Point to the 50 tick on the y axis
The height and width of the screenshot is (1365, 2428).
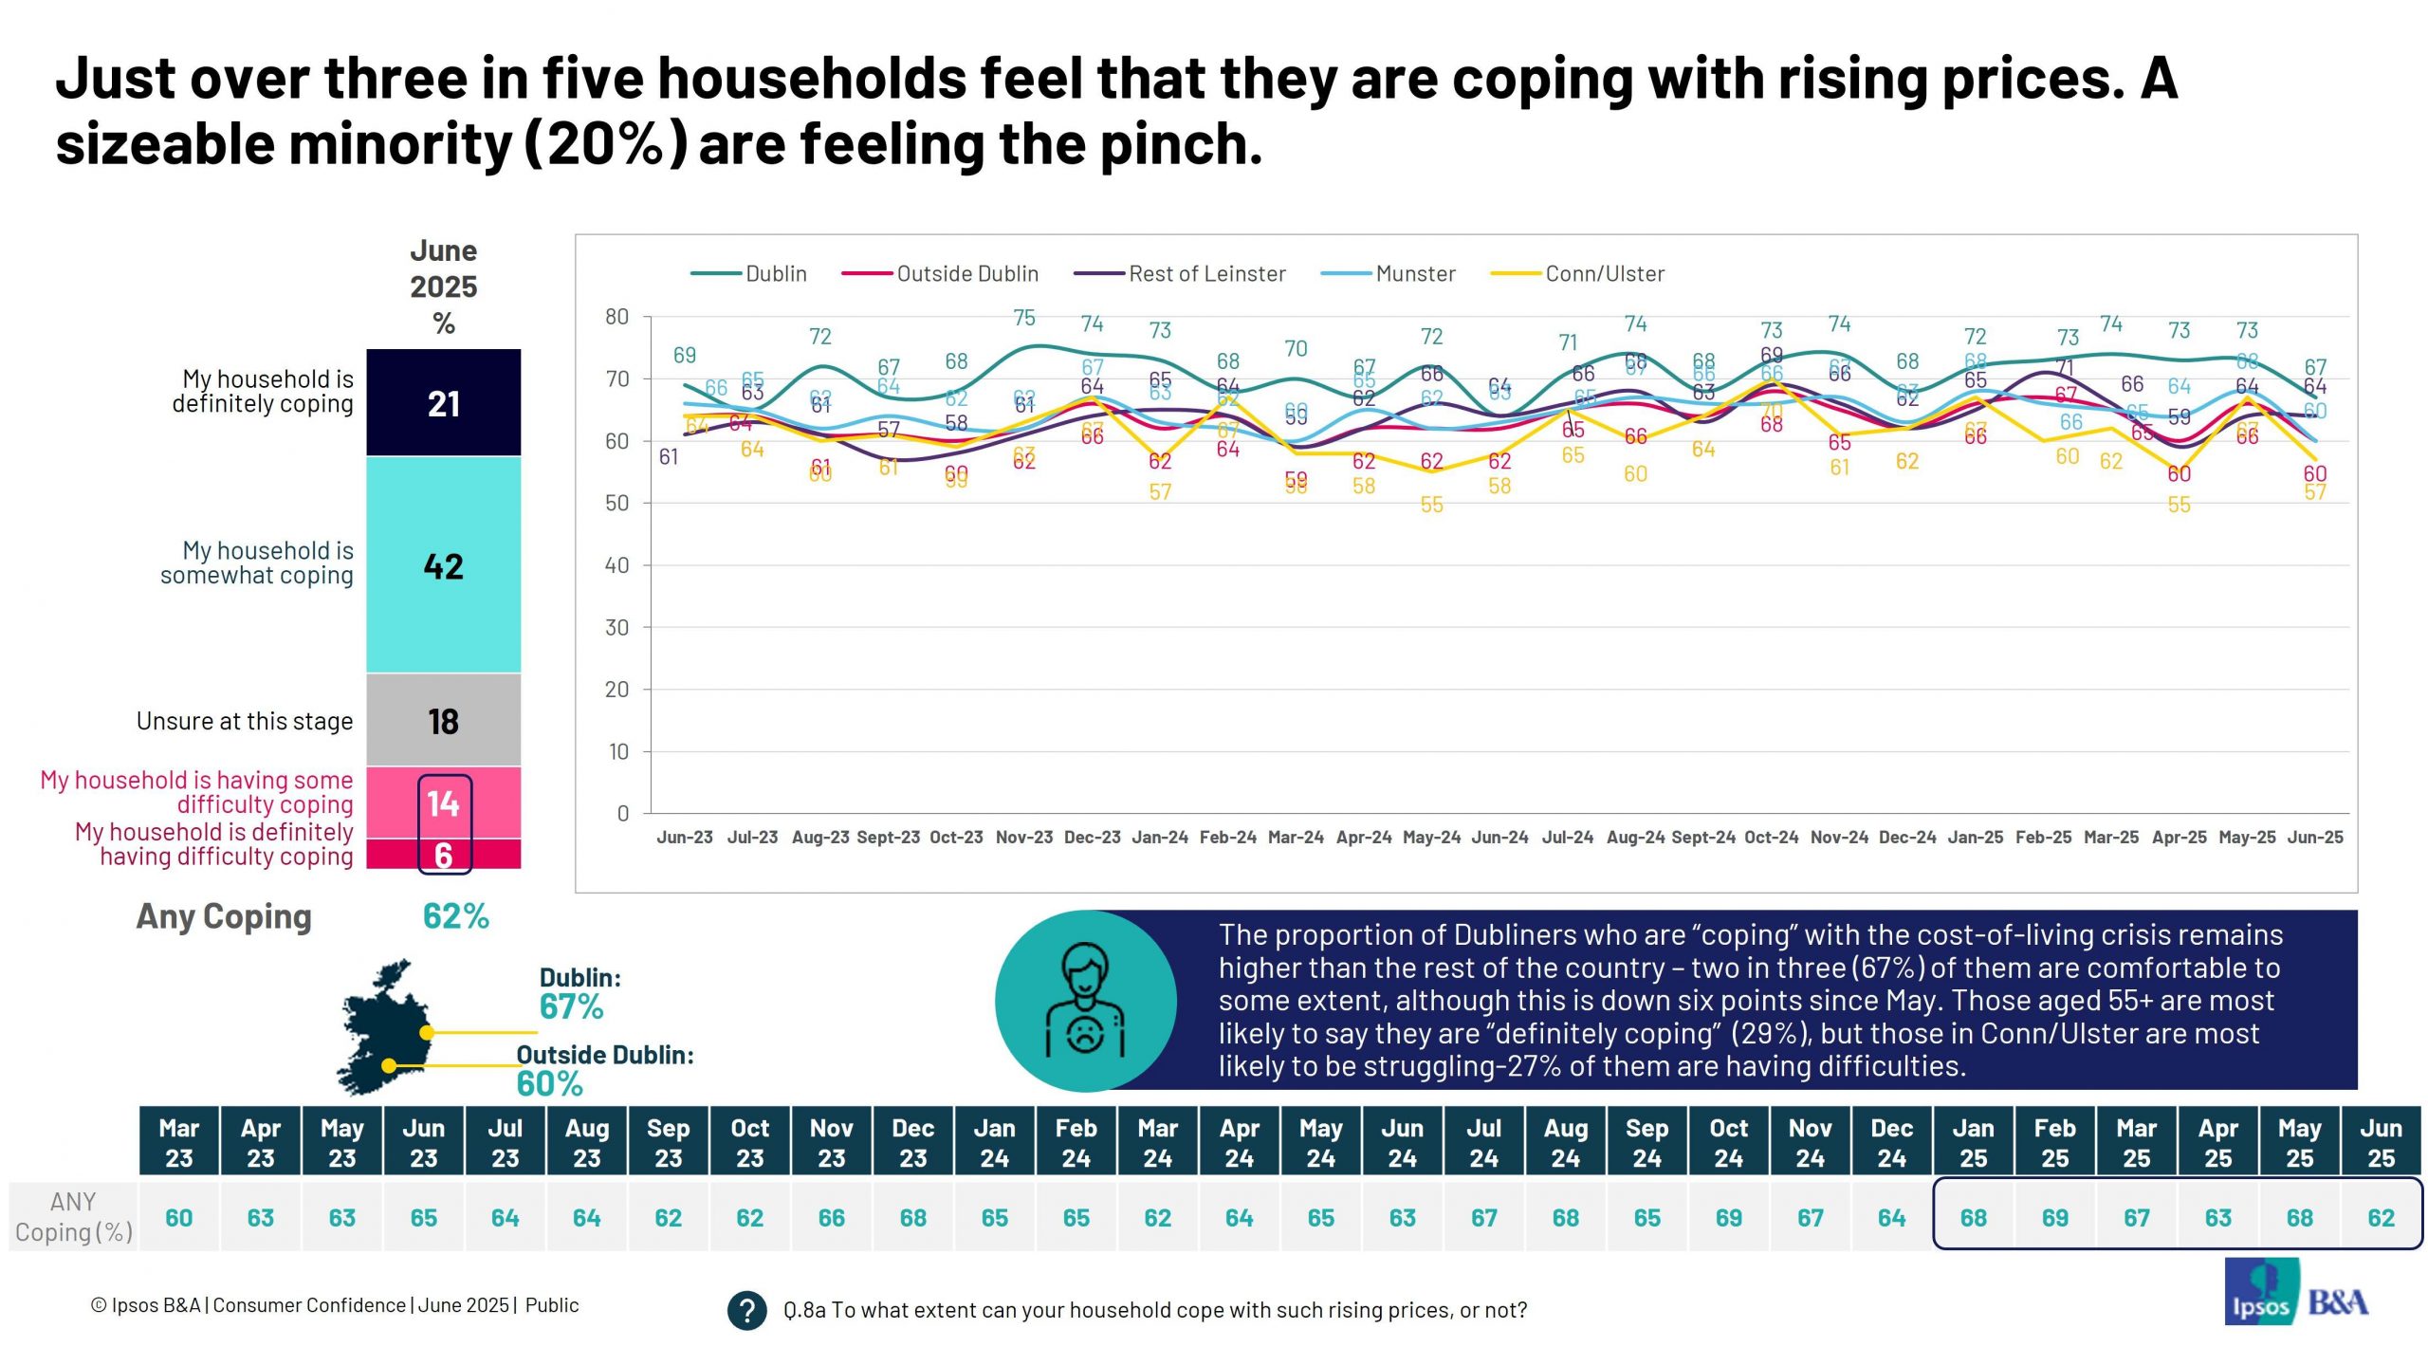click(x=616, y=504)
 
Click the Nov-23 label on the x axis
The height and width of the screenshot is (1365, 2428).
click(x=1023, y=838)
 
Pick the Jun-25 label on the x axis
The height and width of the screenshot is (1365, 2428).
click(x=2314, y=838)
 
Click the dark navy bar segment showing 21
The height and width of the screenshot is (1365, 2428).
click(x=443, y=403)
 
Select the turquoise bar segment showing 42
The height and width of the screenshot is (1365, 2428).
click(x=443, y=565)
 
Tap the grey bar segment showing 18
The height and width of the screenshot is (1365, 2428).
click(x=443, y=721)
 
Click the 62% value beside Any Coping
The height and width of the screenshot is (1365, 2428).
click(x=455, y=916)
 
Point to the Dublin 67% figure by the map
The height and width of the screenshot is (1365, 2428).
click(x=571, y=1006)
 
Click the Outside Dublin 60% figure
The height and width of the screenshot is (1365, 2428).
click(x=549, y=1083)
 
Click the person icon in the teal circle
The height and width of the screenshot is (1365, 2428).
click(x=1085, y=1001)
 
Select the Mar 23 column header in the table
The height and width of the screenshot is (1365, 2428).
click(x=179, y=1142)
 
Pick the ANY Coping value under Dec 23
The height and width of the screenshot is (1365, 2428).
click(x=912, y=1217)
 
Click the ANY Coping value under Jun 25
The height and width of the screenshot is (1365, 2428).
click(x=2381, y=1217)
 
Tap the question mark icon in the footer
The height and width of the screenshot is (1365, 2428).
click(x=746, y=1311)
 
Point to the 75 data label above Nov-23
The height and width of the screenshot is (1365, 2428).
click(x=1023, y=318)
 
